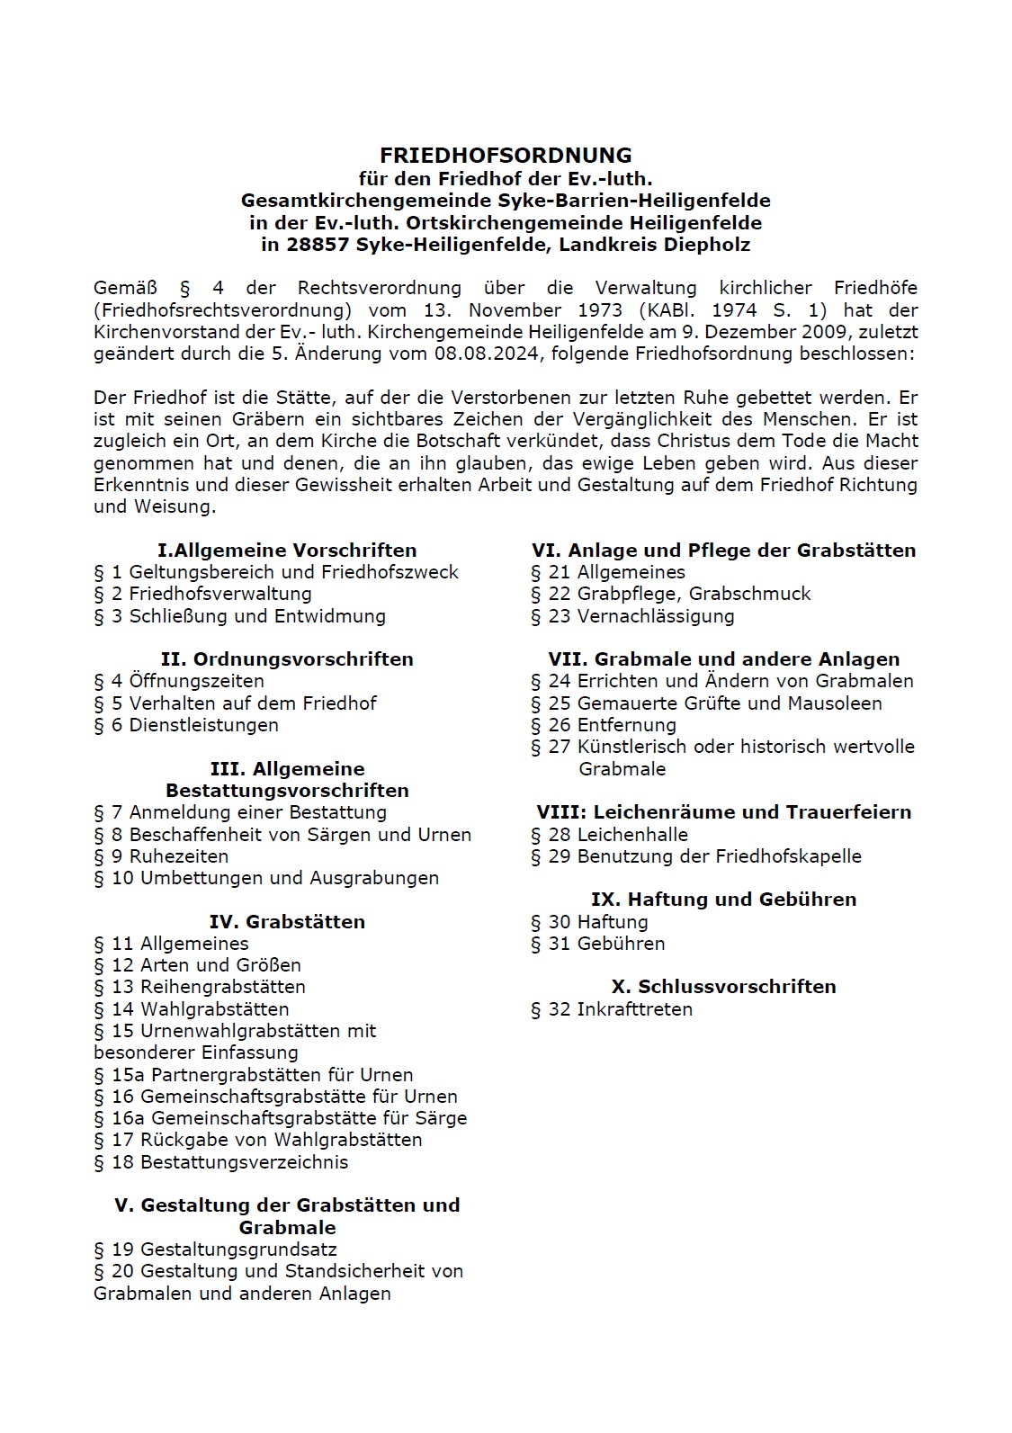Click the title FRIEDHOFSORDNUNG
[x=506, y=156]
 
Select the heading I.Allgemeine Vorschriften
[x=287, y=551]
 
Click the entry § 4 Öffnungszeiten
[x=179, y=681]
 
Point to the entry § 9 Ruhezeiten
[x=161, y=856]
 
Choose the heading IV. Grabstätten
[x=287, y=922]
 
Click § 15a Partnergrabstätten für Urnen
[x=254, y=1075]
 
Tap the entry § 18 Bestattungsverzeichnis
[x=220, y=1162]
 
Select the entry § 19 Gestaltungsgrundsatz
[x=215, y=1249]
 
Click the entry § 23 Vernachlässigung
[x=632, y=616]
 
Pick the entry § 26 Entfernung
[x=603, y=725]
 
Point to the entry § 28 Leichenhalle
[x=609, y=835]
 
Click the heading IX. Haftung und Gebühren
[x=723, y=900]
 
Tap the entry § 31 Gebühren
[x=597, y=944]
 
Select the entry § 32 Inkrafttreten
[x=612, y=1009]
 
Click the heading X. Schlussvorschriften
[x=723, y=987]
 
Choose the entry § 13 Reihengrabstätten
[x=200, y=987]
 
